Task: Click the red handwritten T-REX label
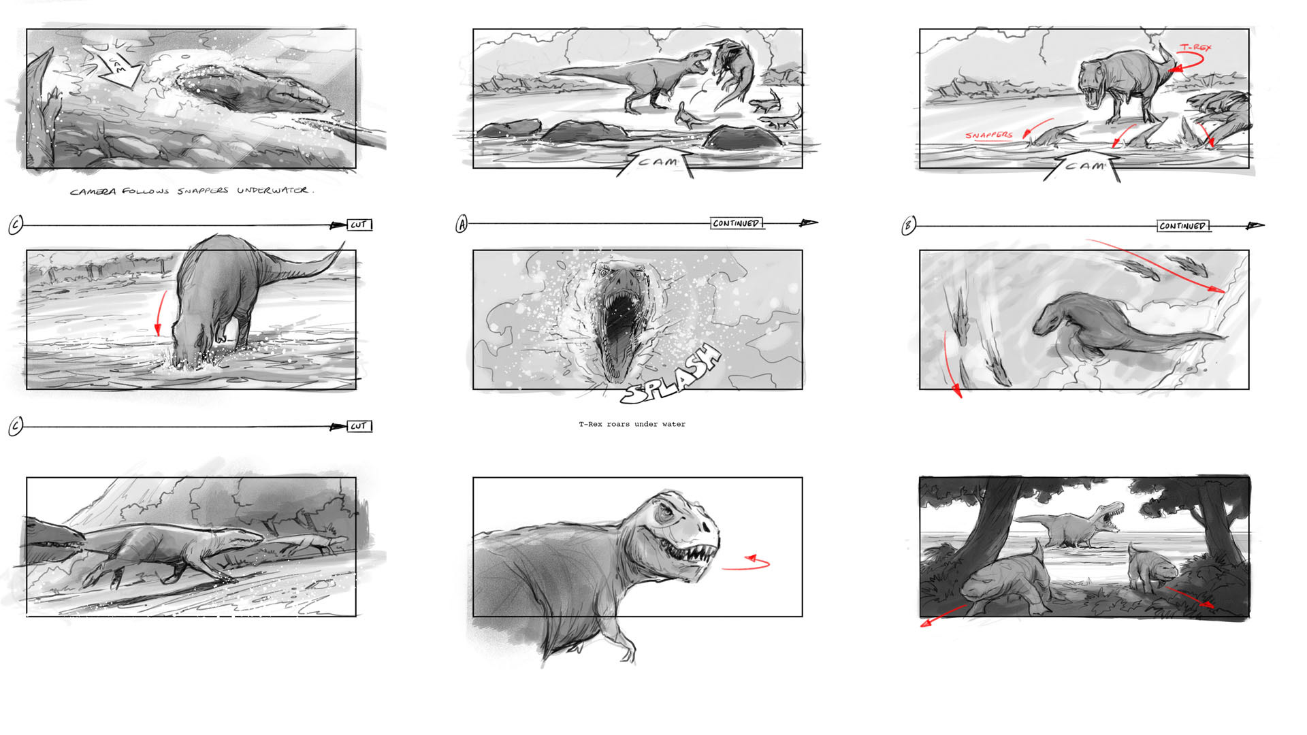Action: pos(1195,48)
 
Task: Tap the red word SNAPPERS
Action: pos(988,135)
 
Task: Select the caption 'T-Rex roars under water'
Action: pos(632,424)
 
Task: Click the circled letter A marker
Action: pos(462,224)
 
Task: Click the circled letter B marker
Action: pos(908,225)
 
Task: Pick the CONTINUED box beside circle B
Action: pos(1183,226)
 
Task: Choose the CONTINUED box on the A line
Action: pos(736,223)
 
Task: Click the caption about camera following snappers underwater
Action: pos(192,191)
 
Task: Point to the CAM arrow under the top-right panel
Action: pos(1084,165)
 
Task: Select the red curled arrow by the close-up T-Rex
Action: pos(749,563)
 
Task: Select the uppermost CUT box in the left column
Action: pos(359,225)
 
